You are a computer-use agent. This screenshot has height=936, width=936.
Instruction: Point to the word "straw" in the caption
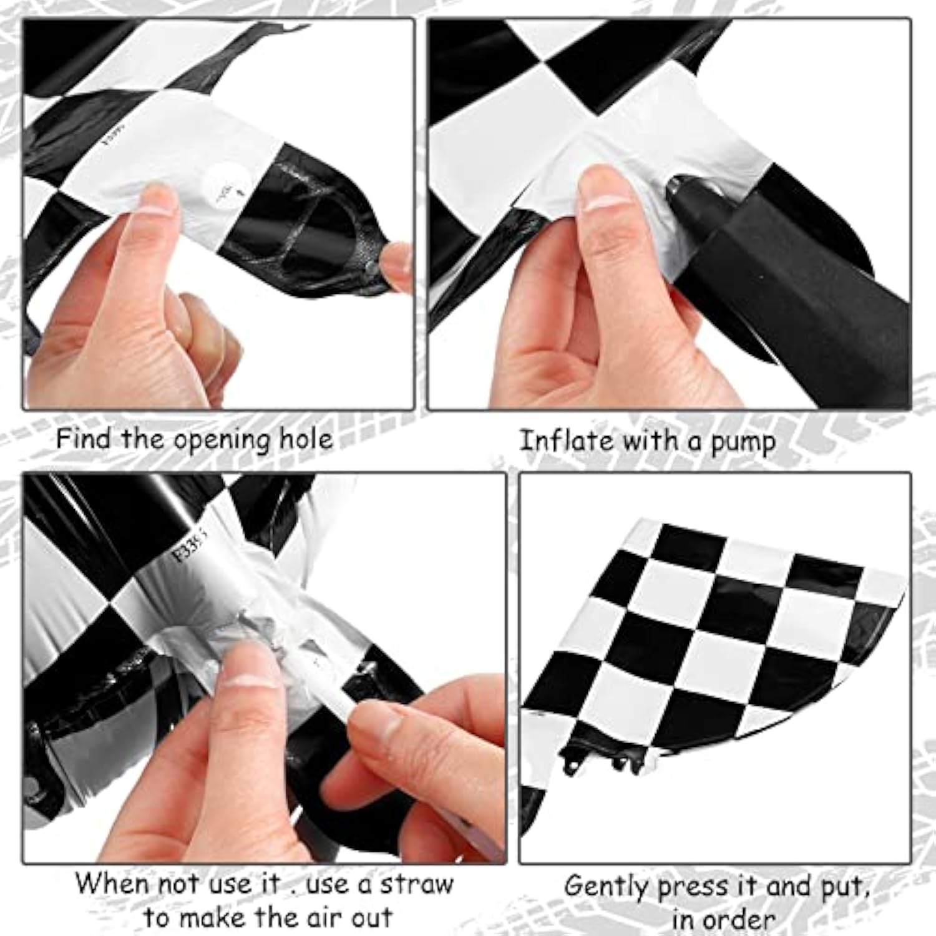pos(417,884)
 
